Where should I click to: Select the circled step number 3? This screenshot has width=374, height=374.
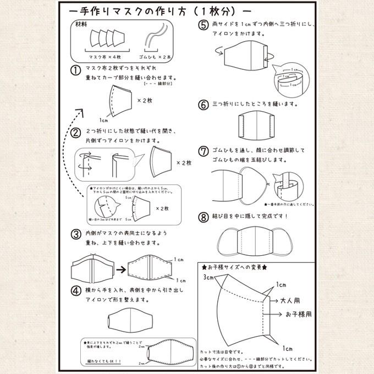coord(76,234)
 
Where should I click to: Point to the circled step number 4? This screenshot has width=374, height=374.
coord(76,289)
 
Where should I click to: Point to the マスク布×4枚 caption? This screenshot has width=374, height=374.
coord(104,57)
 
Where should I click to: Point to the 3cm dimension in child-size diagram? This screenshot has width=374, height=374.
coord(209,276)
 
